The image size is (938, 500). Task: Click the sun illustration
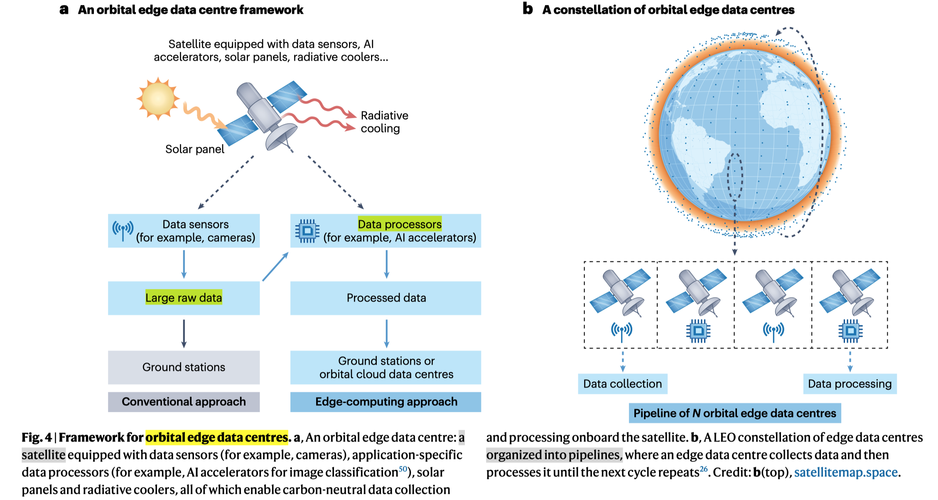(x=158, y=99)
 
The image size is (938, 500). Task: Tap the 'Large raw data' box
(x=184, y=298)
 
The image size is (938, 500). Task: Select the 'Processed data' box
(x=386, y=298)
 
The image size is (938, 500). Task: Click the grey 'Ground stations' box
(x=184, y=367)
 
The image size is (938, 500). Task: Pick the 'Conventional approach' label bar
(x=184, y=402)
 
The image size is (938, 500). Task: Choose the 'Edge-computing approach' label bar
(x=386, y=402)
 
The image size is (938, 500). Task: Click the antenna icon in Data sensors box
(x=123, y=230)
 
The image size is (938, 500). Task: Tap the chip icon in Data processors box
(x=307, y=231)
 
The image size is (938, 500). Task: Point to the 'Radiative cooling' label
(x=384, y=122)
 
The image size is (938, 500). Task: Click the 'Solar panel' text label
(x=194, y=149)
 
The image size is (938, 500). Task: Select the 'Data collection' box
(x=622, y=384)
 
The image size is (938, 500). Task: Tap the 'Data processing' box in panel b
(x=850, y=384)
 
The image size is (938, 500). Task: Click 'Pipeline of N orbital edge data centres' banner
(x=734, y=413)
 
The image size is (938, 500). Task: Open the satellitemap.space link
(x=846, y=472)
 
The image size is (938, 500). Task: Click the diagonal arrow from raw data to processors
(x=275, y=267)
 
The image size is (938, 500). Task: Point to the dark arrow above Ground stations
(x=184, y=333)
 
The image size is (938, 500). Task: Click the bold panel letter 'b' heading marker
(x=528, y=9)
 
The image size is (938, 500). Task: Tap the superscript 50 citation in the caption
(x=403, y=469)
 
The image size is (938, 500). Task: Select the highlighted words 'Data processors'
(x=400, y=224)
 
